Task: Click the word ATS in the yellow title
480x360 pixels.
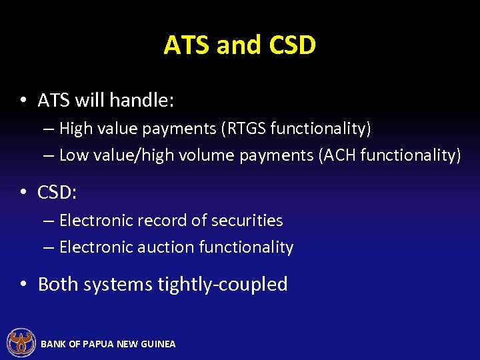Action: pos(187,45)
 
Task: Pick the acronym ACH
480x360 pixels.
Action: pos(342,155)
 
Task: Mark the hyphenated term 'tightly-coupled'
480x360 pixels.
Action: pos(222,285)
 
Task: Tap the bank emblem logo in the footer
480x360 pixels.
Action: pos(21,343)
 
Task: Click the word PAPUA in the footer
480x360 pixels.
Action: pos(97,344)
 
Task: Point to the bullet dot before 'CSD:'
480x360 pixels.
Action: pos(23,193)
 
